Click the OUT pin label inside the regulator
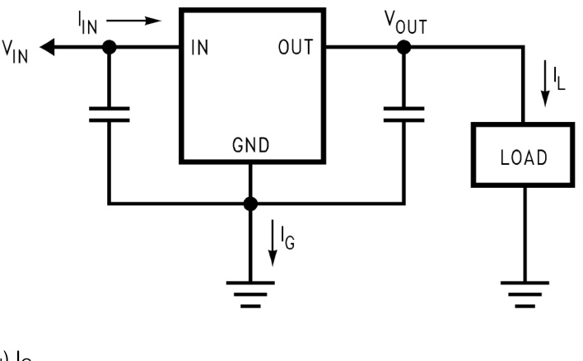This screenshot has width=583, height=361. pyautogui.click(x=294, y=47)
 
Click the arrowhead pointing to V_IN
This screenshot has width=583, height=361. pyautogui.click(x=49, y=48)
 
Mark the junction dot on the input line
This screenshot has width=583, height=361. pyautogui.click(x=109, y=48)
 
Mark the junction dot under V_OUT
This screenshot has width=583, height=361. pyautogui.click(x=403, y=48)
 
